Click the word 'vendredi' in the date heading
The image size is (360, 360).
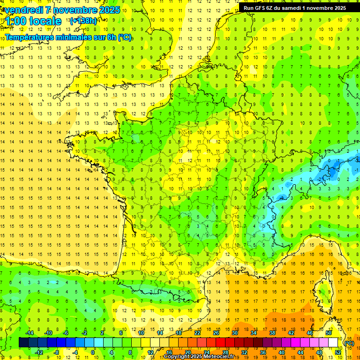click(23, 10)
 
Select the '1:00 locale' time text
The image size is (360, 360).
click(33, 21)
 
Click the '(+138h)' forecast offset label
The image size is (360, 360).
click(83, 21)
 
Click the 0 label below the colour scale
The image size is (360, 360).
click(93, 352)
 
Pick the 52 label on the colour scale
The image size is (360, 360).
click(338, 352)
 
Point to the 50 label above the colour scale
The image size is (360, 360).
click(328, 333)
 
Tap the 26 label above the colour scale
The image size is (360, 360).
click(216, 333)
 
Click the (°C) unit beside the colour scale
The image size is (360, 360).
click(349, 343)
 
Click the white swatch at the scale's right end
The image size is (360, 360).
click(333, 342)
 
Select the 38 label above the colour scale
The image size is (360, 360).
click(272, 333)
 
